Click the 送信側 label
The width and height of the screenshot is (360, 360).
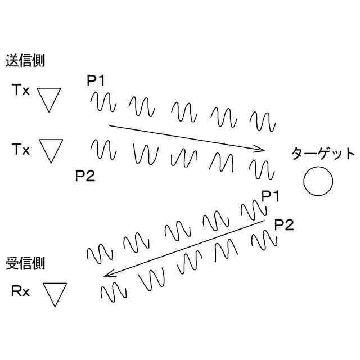[25, 61]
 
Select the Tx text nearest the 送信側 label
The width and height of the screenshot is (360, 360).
[21, 91]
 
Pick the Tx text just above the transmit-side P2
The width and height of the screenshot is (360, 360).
[21, 150]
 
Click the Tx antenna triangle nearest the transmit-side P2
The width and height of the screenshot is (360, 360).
[51, 151]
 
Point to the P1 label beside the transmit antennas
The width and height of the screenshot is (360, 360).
[96, 81]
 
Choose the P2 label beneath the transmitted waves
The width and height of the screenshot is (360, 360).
[85, 175]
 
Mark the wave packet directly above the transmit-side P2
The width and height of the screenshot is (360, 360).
[103, 150]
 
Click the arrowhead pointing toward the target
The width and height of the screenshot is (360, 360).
[260, 149]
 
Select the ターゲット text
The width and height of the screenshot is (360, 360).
[323, 154]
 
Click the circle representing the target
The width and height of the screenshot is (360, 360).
[318, 182]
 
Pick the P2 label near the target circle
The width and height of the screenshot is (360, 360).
[284, 226]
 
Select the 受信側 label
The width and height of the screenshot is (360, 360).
[25, 262]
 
